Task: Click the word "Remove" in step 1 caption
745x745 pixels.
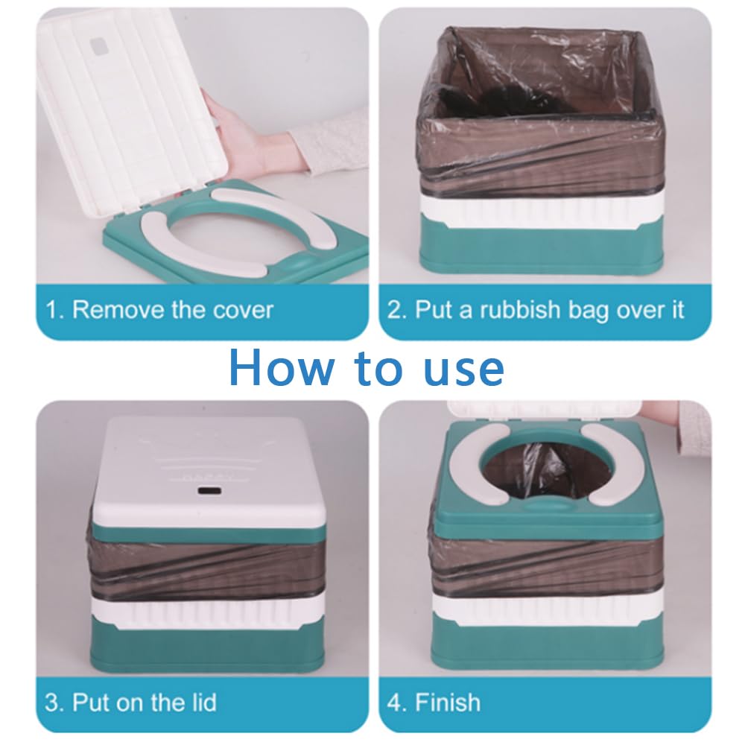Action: click(118, 309)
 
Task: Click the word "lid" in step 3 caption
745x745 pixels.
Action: click(200, 702)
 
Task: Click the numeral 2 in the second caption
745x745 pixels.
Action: click(394, 309)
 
